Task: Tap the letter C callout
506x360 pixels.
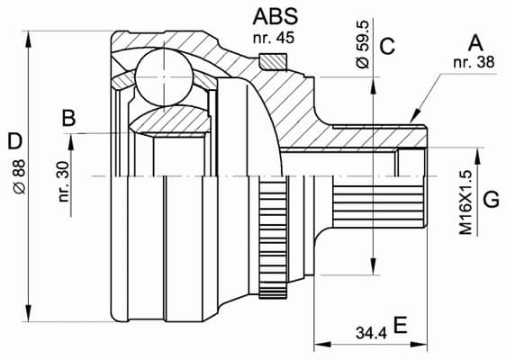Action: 388,47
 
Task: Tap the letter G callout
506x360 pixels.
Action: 491,199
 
